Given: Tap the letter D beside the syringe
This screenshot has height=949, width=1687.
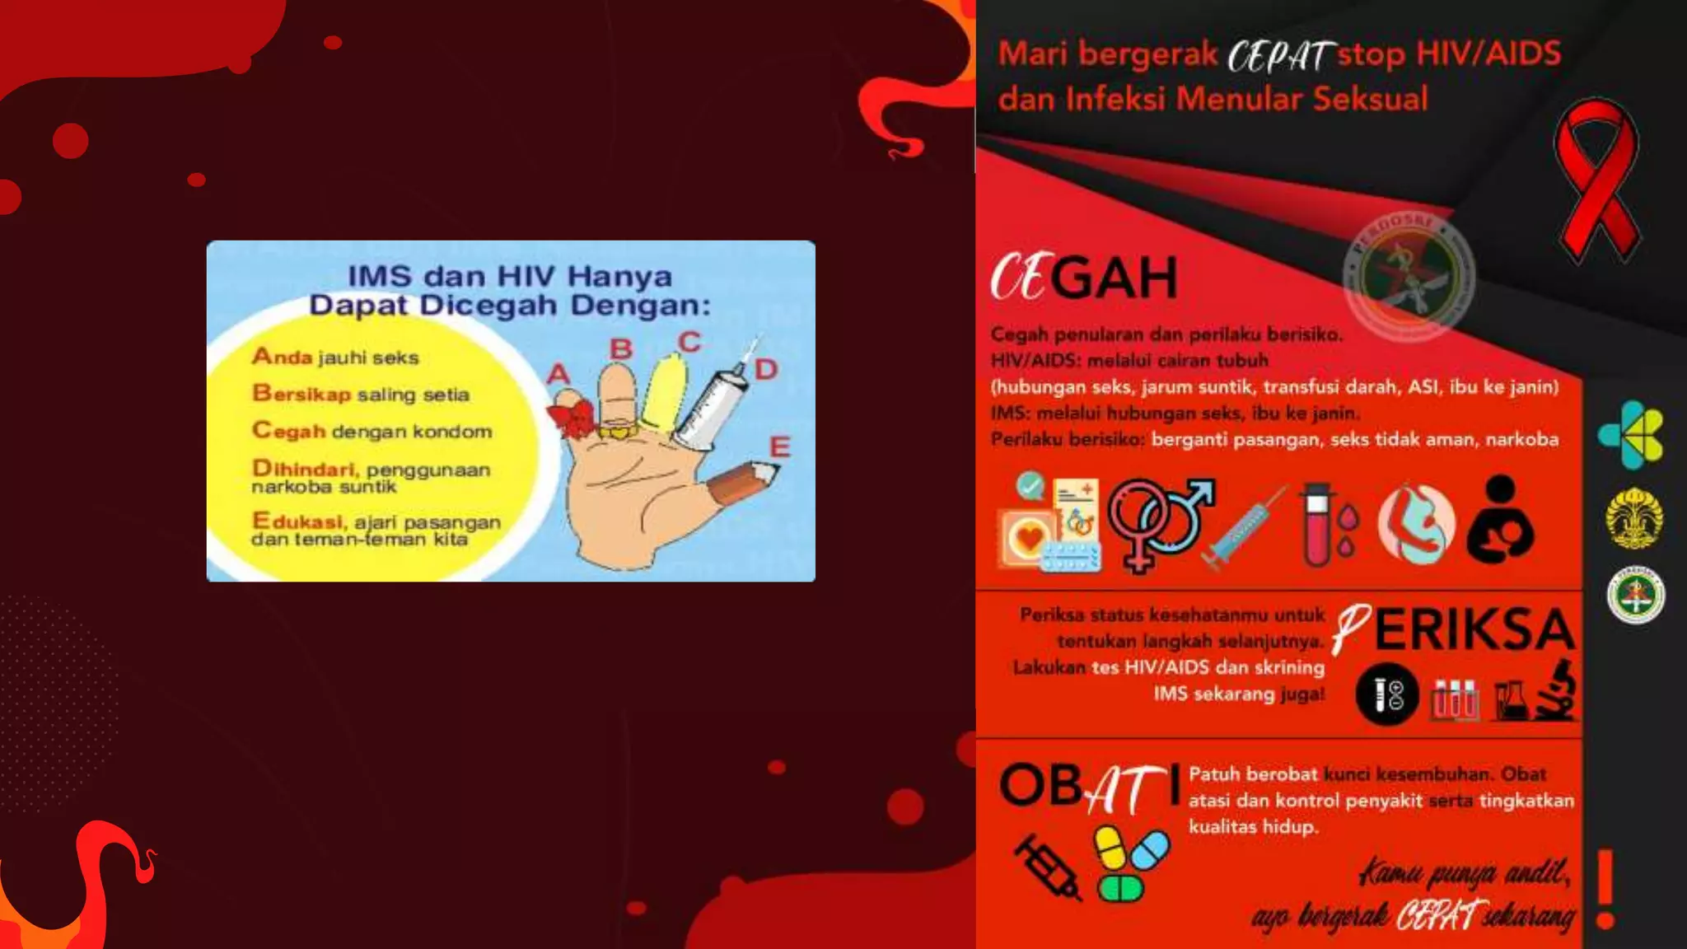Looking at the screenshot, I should click(766, 370).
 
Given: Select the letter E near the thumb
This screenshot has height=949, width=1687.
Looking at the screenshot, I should click(779, 447).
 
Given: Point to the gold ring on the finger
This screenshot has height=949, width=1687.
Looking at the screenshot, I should click(619, 430).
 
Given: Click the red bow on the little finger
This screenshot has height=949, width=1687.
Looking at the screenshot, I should click(572, 417).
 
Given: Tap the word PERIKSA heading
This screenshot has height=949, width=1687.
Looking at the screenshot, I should click(1455, 630).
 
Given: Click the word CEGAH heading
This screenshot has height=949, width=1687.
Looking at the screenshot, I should click(1084, 278).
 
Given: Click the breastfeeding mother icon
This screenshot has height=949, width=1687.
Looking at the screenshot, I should click(1501, 521).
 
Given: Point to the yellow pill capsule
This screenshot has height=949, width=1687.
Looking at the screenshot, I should click(1110, 847).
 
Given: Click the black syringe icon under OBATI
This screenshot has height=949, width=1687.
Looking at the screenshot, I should click(1048, 867).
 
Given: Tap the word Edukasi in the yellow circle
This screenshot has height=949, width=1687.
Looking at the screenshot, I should click(297, 521).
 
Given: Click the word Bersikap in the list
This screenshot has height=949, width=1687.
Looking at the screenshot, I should click(301, 394).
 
